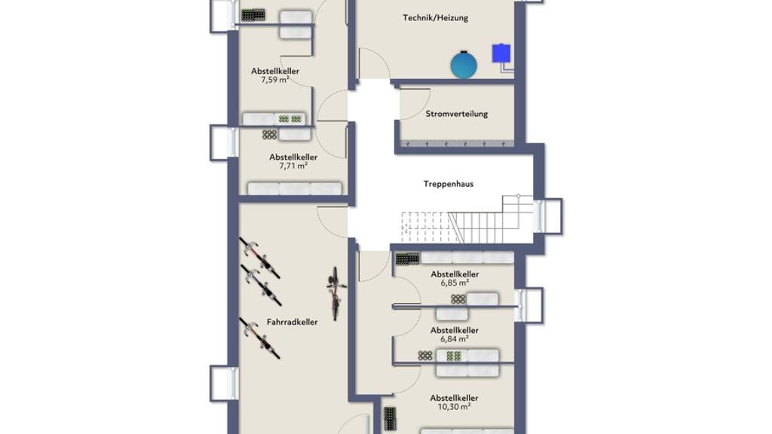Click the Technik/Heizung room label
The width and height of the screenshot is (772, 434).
(x=435, y=18)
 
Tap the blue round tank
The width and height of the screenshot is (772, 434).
(x=464, y=65)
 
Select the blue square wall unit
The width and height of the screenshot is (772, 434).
(x=501, y=53)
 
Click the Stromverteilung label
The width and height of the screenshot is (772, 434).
(x=456, y=114)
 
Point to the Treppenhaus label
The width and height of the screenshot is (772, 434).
(x=449, y=184)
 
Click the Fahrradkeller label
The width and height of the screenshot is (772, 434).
(x=292, y=322)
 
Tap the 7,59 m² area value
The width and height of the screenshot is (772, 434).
(x=274, y=80)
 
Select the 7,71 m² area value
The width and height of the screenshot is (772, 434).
(x=293, y=166)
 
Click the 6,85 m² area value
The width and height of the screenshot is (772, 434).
(x=455, y=283)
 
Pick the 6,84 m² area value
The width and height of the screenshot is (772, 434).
(x=454, y=339)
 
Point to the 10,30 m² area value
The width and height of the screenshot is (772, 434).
(x=454, y=407)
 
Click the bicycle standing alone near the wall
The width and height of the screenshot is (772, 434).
(x=335, y=294)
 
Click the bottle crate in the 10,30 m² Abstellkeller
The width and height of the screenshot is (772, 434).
(x=390, y=419)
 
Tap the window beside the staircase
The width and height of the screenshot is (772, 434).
(x=548, y=215)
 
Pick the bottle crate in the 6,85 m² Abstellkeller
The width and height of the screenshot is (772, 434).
(x=408, y=259)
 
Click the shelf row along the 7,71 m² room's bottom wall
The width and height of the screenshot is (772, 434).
(x=295, y=189)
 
